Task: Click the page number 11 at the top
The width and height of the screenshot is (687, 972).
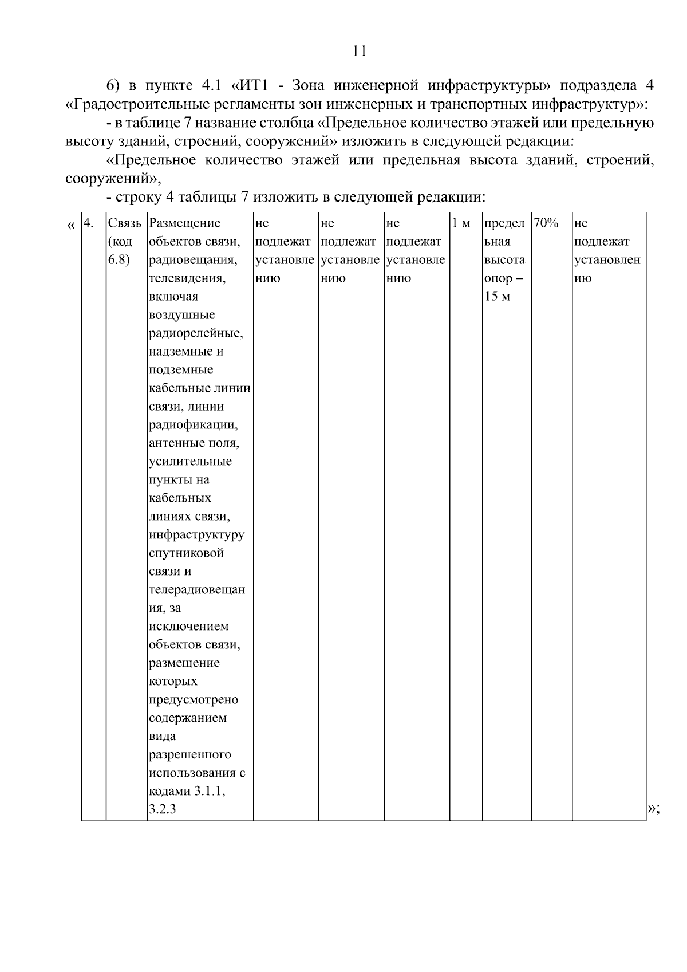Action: [x=359, y=51]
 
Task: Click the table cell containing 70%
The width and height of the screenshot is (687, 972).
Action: [x=546, y=223]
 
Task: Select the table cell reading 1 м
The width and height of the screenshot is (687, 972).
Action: [x=461, y=223]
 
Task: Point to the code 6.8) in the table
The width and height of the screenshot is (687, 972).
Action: [x=119, y=260]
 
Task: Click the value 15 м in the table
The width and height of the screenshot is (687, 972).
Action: [x=498, y=297]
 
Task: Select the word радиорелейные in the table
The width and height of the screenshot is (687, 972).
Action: [x=196, y=333]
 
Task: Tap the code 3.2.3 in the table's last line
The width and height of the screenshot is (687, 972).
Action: [x=162, y=810]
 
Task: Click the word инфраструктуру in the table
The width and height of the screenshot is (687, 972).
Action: [x=196, y=535]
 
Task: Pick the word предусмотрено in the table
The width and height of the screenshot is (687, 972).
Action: [x=194, y=700]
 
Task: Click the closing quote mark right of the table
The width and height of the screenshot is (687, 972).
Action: [x=653, y=809]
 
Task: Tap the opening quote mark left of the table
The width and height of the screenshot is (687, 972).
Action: [x=70, y=225]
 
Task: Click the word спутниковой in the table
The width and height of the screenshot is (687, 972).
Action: [x=186, y=553]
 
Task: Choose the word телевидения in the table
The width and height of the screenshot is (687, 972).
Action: [x=187, y=278]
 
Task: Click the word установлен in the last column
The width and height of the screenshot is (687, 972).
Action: [x=607, y=260]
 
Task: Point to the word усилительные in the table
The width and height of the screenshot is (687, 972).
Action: [x=190, y=462]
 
